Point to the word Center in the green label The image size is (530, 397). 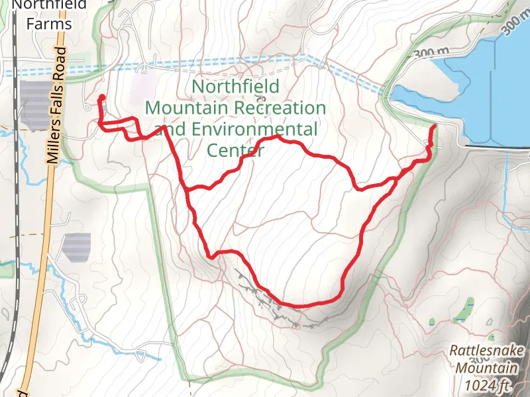coord(236,150)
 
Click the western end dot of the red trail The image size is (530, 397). coord(101,98)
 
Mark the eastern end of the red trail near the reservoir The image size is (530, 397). coord(433,126)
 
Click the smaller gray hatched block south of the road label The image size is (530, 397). coord(77,247)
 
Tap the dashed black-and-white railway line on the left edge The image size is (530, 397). coord(14,198)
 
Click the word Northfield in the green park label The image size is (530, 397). coord(235,86)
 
